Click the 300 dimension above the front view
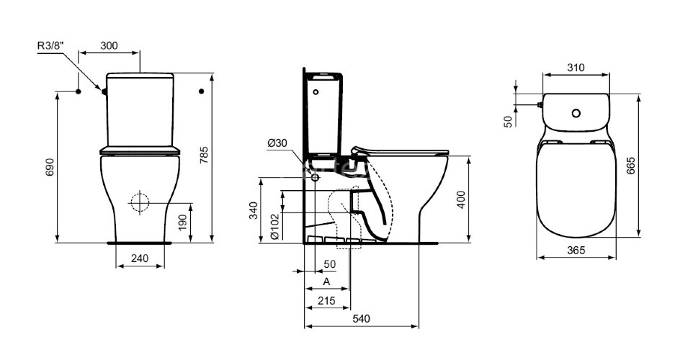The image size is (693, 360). coord(109,46)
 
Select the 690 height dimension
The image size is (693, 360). coord(49,167)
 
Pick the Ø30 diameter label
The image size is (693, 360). coord(276,143)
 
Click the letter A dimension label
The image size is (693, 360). coord(326,281)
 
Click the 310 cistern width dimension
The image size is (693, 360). coord(575,68)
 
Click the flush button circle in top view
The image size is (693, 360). coord(576,113)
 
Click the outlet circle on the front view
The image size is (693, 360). coord(140,202)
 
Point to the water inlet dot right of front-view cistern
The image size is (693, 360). coord(202,91)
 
